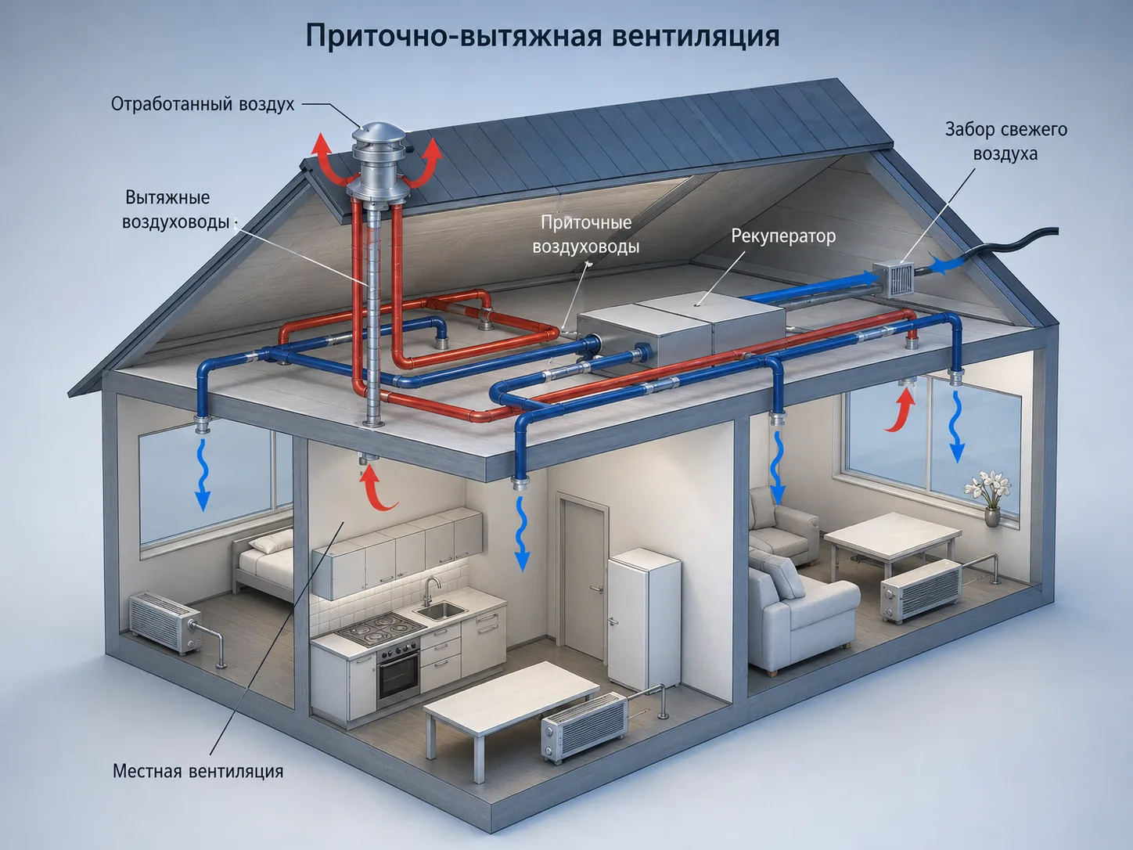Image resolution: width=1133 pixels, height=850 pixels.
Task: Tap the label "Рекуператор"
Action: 783,236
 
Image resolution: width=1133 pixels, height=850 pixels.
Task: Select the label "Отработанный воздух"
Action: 203,104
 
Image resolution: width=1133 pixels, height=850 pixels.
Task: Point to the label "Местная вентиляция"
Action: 198,771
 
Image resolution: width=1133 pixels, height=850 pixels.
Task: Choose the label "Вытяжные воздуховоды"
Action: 175,210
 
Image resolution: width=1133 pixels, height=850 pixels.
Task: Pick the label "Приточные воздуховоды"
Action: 586,234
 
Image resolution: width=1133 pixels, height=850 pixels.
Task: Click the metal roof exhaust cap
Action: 378,155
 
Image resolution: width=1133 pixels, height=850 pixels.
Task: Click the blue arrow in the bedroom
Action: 203,475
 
